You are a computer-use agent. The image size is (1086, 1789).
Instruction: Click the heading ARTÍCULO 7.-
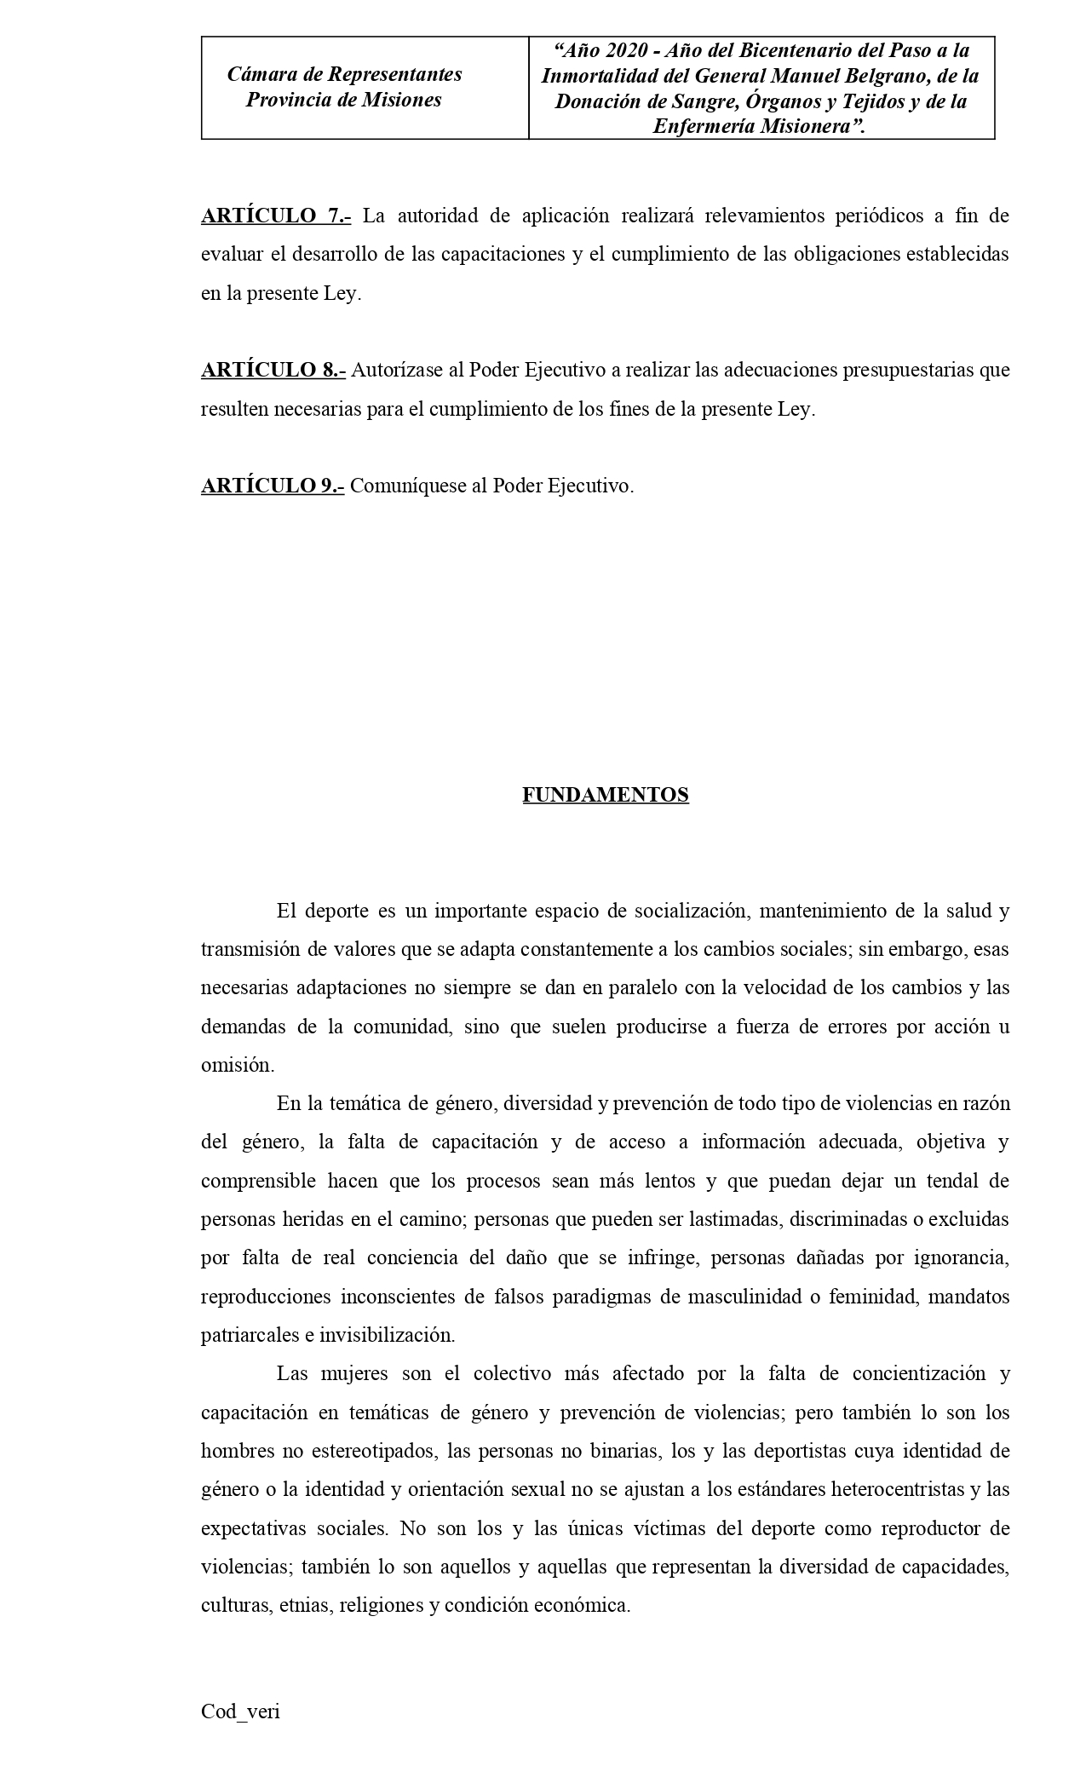coord(275,216)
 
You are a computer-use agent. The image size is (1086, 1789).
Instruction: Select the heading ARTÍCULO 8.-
coord(273,371)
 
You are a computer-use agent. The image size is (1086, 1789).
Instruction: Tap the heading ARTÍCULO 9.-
coord(273,486)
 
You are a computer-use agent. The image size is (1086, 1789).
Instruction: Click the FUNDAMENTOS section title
coord(605,795)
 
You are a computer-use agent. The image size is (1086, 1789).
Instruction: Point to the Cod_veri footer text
coord(240,1711)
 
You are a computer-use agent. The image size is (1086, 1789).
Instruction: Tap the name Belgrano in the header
coord(886,76)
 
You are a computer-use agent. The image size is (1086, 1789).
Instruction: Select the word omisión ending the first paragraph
coord(238,1066)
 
